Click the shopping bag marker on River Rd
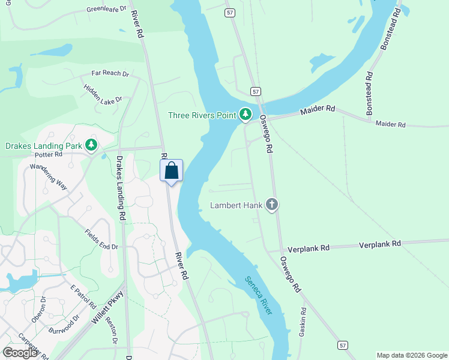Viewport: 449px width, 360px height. pyautogui.click(x=171, y=171)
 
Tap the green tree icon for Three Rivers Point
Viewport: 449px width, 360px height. pyautogui.click(x=245, y=114)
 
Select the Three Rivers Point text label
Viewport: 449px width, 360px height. pyautogui.click(x=201, y=115)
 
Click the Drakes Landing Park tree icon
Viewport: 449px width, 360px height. pyautogui.click(x=91, y=145)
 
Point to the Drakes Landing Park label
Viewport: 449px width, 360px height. pyautogui.click(x=43, y=145)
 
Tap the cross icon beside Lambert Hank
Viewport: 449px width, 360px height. pyautogui.click(x=272, y=205)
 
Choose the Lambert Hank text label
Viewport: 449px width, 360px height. pyautogui.click(x=236, y=206)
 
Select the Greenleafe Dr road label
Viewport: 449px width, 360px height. pyautogui.click(x=107, y=9)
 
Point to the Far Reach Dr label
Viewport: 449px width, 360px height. pyautogui.click(x=110, y=73)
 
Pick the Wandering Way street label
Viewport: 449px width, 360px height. pyautogui.click(x=49, y=174)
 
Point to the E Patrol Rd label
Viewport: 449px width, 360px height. pyautogui.click(x=83, y=296)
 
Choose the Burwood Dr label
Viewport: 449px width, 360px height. pyautogui.click(x=64, y=325)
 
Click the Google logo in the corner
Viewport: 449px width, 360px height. pyautogui.click(x=20, y=353)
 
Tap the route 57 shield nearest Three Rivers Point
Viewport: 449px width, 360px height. pyautogui.click(x=256, y=91)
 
